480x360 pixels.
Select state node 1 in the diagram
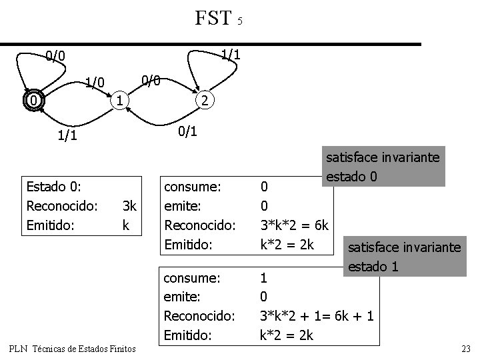(x=117, y=101)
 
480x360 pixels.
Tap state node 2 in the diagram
(x=205, y=101)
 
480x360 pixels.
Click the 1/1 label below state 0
(x=67, y=136)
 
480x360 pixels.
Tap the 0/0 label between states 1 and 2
(x=151, y=81)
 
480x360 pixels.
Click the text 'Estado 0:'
(x=53, y=186)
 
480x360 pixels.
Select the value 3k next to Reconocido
(x=129, y=206)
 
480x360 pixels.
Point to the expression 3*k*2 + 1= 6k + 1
(x=317, y=316)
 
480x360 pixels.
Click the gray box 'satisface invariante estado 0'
(x=383, y=167)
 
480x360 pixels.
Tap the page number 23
(x=465, y=347)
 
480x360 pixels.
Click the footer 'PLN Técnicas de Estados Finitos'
(x=73, y=348)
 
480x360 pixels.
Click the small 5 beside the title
(x=239, y=21)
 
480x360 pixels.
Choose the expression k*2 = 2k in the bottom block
(x=286, y=335)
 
